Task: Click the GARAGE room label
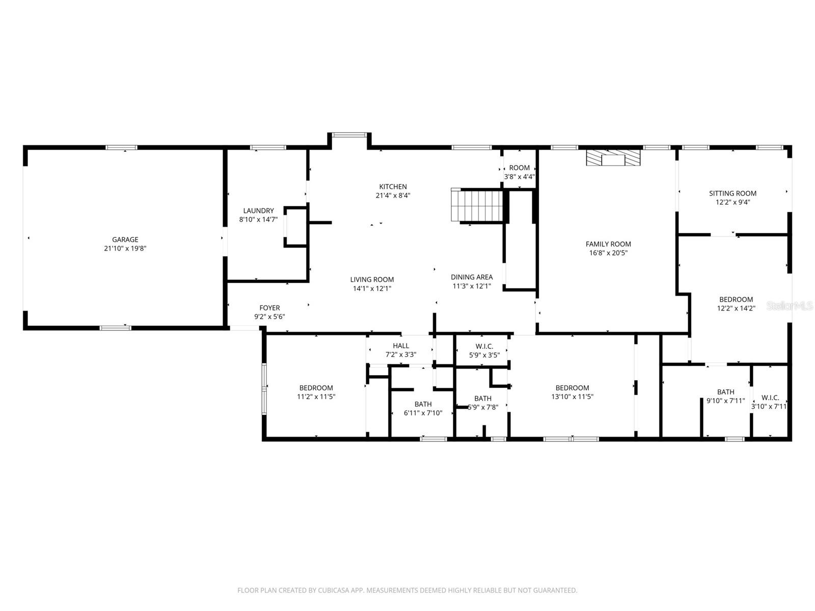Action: (x=125, y=240)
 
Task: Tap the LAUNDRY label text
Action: (x=258, y=211)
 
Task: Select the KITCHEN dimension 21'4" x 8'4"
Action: (x=393, y=196)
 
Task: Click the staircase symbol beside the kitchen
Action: (x=477, y=205)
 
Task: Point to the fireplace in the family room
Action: (x=613, y=157)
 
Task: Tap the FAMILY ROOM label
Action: (x=608, y=244)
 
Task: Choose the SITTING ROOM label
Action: (x=732, y=193)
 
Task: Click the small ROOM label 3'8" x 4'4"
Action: (x=519, y=172)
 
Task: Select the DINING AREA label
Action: (x=472, y=277)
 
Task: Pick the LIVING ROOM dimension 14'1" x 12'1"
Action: (x=372, y=289)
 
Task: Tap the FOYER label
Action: (x=269, y=308)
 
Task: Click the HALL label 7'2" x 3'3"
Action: (x=401, y=350)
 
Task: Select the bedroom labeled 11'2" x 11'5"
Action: (x=316, y=392)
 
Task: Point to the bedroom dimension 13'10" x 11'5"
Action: (x=572, y=397)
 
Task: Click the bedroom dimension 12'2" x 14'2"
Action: (x=736, y=308)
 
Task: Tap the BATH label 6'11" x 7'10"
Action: (x=423, y=408)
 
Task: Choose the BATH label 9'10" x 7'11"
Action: (x=725, y=396)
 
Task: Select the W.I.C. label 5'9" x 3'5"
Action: (x=484, y=351)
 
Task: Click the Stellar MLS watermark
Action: (x=790, y=306)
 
